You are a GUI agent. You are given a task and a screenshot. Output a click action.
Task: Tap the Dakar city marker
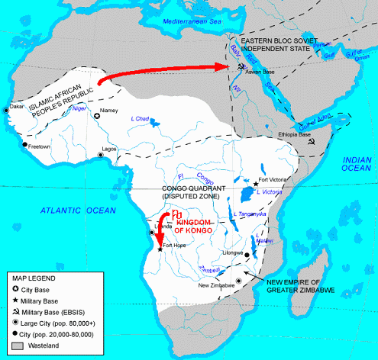pyautogui.click(x=7, y=110)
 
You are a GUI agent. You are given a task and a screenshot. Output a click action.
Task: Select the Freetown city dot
pyautogui.click(x=25, y=143)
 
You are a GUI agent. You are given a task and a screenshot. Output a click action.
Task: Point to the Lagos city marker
pyautogui.click(x=100, y=156)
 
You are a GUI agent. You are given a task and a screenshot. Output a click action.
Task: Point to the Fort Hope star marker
pyautogui.click(x=160, y=249)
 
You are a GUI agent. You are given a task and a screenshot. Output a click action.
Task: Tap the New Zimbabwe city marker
pyautogui.click(x=239, y=281)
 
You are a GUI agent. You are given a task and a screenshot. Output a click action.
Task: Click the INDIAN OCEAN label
pyautogui.click(x=355, y=164)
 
